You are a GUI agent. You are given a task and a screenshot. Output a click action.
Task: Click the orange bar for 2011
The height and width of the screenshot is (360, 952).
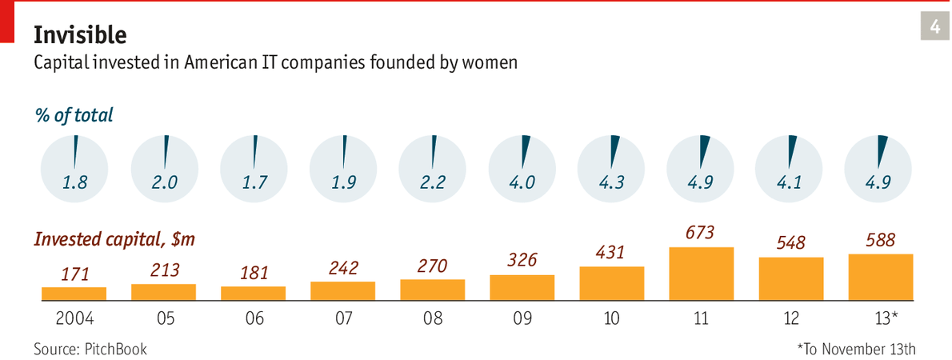[x=702, y=274]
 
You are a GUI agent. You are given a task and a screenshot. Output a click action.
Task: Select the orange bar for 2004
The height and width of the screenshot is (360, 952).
[x=74, y=294]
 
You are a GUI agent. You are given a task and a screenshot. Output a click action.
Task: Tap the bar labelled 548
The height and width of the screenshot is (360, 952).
[x=791, y=278]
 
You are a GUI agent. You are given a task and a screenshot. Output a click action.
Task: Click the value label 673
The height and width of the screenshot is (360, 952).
[x=701, y=233]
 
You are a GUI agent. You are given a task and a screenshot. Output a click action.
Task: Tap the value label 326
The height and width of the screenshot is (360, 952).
[x=522, y=260]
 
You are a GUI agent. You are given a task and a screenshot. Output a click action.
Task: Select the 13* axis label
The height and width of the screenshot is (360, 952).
[x=880, y=318]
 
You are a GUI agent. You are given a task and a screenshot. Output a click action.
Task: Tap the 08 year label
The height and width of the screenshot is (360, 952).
[x=432, y=318]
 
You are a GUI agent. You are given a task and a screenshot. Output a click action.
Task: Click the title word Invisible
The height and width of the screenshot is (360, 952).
[x=79, y=34]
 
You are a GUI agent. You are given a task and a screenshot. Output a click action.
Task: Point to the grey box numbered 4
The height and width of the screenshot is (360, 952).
[x=934, y=28]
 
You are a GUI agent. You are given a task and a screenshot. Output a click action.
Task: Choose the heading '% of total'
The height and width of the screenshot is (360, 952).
[x=73, y=115]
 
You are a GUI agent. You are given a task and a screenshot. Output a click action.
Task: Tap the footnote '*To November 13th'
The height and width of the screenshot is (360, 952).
[x=856, y=349]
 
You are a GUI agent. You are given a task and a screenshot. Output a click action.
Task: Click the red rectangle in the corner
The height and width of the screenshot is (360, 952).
[x=6, y=20]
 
